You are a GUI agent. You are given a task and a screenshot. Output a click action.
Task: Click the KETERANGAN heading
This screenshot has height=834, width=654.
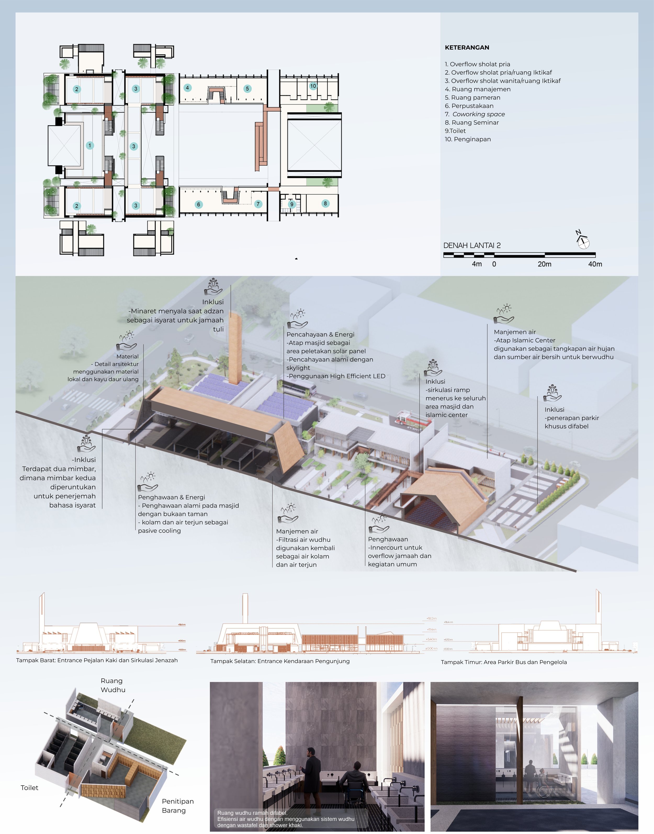pos(467,48)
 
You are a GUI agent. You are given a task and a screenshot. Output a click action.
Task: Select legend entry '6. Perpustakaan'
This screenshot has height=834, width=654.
pos(469,106)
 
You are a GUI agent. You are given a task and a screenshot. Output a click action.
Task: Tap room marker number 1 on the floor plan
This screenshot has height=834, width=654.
pos(90,145)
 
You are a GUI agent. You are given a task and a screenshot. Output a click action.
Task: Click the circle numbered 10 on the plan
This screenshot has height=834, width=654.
pos(313,86)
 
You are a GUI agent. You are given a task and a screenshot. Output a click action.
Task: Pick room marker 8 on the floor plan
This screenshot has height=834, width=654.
pos(325,203)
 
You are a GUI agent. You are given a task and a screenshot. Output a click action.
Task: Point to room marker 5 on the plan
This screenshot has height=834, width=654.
pos(247,88)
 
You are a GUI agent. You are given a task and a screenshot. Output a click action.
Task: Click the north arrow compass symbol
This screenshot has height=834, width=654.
pos(583,241)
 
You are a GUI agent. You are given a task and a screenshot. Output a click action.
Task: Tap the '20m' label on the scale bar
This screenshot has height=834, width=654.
pos(544,264)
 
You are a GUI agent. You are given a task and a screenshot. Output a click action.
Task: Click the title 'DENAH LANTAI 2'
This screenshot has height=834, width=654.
pos(472,245)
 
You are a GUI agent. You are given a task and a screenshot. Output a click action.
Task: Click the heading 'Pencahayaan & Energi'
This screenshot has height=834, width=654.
pos(320,334)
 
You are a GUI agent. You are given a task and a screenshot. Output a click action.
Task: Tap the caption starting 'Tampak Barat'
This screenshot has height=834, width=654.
pos(97,660)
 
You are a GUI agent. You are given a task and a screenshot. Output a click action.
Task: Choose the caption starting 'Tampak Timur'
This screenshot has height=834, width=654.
pos(504,662)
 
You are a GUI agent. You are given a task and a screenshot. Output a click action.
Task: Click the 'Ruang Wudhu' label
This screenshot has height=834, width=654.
pos(113,685)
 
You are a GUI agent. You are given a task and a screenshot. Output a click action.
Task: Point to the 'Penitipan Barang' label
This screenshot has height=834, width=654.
pos(177,806)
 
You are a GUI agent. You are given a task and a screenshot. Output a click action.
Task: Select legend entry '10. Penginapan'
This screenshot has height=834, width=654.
pos(467,139)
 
